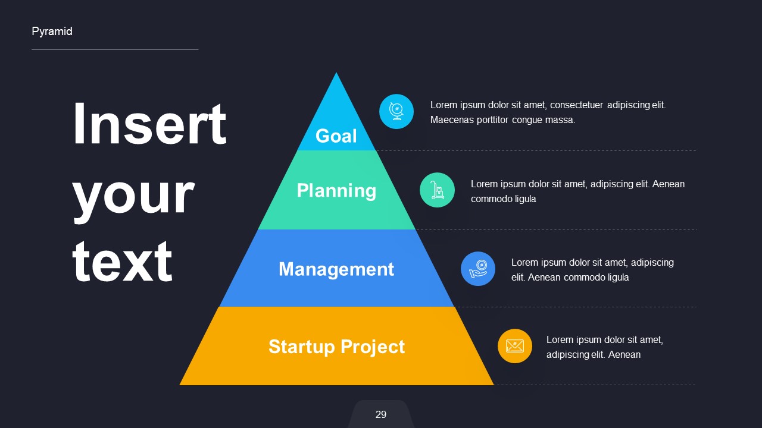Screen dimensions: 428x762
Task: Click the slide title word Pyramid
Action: tap(52, 32)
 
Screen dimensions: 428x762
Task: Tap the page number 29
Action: tap(381, 414)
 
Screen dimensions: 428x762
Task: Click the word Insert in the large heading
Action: tap(149, 125)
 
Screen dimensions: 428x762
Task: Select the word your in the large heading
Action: tap(133, 195)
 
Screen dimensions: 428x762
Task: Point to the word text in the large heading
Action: tap(122, 262)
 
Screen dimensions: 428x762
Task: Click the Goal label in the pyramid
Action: tap(336, 136)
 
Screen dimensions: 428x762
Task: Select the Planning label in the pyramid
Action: tap(336, 190)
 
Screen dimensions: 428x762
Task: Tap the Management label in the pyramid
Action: tap(336, 269)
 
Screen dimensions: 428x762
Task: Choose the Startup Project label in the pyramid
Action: tap(336, 347)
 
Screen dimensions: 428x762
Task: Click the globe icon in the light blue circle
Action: tap(396, 111)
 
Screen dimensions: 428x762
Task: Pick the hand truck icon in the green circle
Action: tap(437, 190)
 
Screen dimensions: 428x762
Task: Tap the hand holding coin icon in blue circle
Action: tap(478, 269)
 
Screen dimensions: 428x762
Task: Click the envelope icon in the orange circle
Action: tap(514, 346)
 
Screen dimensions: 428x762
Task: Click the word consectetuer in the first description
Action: tap(576, 105)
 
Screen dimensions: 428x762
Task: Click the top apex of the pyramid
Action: tap(336, 74)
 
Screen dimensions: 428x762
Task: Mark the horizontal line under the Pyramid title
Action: tap(115, 49)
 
